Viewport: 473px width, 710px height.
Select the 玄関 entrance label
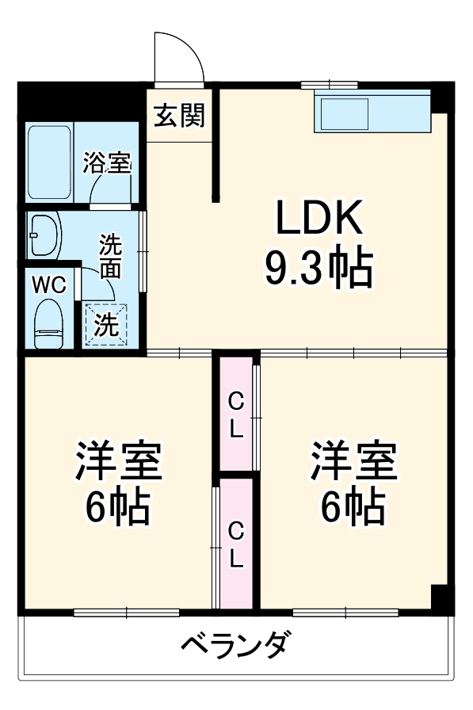click(x=179, y=116)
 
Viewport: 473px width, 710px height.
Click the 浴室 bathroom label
click(x=107, y=165)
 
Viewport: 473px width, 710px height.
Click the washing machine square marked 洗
click(x=105, y=325)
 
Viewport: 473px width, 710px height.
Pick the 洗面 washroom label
click(x=110, y=256)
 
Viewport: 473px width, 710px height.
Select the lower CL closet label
click(x=236, y=544)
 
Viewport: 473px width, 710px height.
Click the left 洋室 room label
click(x=119, y=461)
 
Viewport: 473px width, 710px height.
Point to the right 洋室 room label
click(x=353, y=461)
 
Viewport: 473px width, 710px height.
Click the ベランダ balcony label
click(x=237, y=644)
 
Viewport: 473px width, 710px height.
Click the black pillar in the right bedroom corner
click(x=441, y=596)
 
